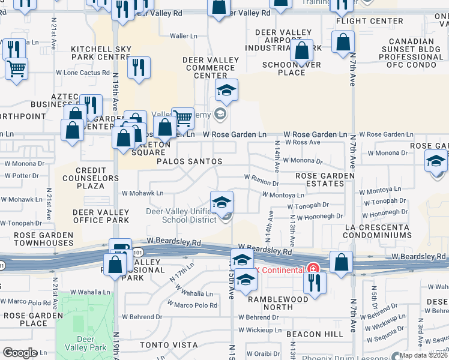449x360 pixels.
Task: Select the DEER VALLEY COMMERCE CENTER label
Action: (210, 68)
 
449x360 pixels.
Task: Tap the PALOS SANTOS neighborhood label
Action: (190, 162)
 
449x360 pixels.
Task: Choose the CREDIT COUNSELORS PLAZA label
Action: (81, 178)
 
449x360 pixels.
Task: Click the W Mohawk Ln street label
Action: (143, 193)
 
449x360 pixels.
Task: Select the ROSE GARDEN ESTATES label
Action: (325, 179)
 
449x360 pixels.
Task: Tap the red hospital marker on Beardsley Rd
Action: (312, 269)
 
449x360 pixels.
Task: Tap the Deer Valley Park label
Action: (84, 343)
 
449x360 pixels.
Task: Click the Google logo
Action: (20, 353)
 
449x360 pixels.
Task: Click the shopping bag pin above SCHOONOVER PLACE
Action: (302, 50)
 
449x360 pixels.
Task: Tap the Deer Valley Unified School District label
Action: (181, 215)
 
